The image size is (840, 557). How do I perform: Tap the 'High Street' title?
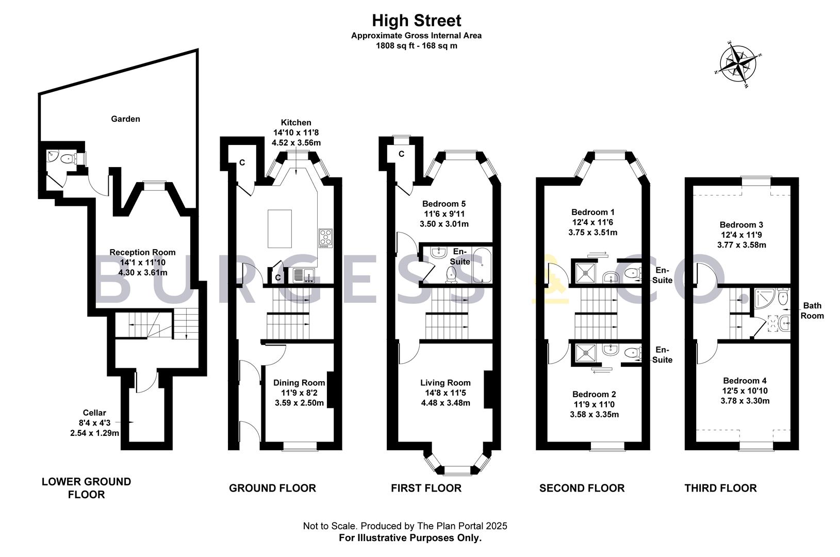click(x=416, y=21)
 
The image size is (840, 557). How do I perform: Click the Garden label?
click(x=125, y=119)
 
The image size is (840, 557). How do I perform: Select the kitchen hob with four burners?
click(x=325, y=238)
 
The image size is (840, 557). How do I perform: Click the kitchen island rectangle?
click(x=280, y=229)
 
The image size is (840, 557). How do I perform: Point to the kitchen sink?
click(x=305, y=275)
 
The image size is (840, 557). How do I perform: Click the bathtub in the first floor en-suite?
click(x=482, y=265)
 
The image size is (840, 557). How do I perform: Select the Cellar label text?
click(x=94, y=413)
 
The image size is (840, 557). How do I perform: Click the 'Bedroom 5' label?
click(x=444, y=204)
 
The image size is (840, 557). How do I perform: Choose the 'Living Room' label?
click(x=445, y=383)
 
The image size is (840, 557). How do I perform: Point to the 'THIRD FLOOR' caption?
click(x=721, y=488)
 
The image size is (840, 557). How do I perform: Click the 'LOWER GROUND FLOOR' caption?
click(x=86, y=488)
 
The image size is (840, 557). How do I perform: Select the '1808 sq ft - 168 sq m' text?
click(x=416, y=46)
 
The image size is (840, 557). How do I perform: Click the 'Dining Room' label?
click(x=299, y=383)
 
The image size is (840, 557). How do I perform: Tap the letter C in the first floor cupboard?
click(x=401, y=154)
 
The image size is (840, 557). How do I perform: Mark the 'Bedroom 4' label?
click(x=745, y=380)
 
